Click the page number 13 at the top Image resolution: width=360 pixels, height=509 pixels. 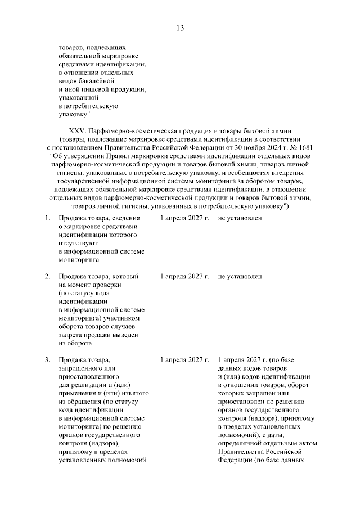tap(180, 28)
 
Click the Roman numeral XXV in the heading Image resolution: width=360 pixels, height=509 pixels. tap(78, 130)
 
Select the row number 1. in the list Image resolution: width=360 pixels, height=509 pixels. tap(48, 218)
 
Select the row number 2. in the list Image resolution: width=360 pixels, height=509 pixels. tap(48, 277)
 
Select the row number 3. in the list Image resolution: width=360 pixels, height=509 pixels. tap(48, 359)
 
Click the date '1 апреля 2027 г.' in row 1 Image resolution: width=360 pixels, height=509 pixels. tap(184, 218)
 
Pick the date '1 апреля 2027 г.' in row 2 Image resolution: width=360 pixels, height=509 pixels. tap(184, 277)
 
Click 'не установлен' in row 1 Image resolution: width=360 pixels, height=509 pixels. tap(240, 218)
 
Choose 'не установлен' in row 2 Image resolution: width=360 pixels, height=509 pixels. tap(240, 277)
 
